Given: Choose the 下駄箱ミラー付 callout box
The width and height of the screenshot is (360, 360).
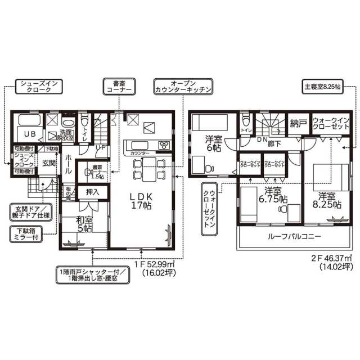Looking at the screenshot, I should point(28,233).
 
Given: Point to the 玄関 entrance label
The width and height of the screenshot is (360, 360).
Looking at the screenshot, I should point(48,164).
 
